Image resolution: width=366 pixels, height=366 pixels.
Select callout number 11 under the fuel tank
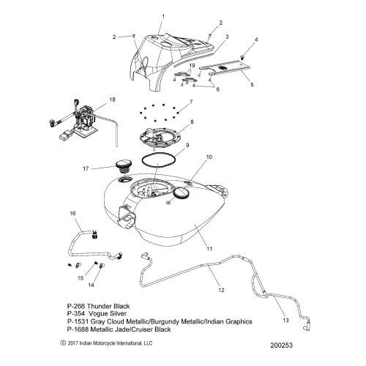(x=209, y=249)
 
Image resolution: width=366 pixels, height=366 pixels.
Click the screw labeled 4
(x=242, y=58)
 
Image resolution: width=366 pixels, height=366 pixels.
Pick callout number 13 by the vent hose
(x=285, y=320)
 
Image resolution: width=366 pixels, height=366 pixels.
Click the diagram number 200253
(x=281, y=346)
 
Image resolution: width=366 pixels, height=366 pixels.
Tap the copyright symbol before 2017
(x=63, y=343)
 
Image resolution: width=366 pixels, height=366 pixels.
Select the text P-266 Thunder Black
(x=98, y=306)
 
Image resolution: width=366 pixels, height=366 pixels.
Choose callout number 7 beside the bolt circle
(x=191, y=102)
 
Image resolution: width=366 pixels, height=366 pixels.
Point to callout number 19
(x=192, y=65)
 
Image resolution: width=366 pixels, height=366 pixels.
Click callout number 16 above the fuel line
(x=72, y=213)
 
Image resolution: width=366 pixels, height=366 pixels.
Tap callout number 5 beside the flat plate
(x=252, y=85)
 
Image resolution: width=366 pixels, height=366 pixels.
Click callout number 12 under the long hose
(x=221, y=290)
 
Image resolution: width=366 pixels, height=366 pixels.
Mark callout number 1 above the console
(x=163, y=17)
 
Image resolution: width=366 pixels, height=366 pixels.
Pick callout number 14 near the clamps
(x=91, y=285)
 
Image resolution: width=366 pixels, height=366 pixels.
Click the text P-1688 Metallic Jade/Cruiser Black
(x=119, y=329)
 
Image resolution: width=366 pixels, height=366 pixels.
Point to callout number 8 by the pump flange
(x=192, y=122)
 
